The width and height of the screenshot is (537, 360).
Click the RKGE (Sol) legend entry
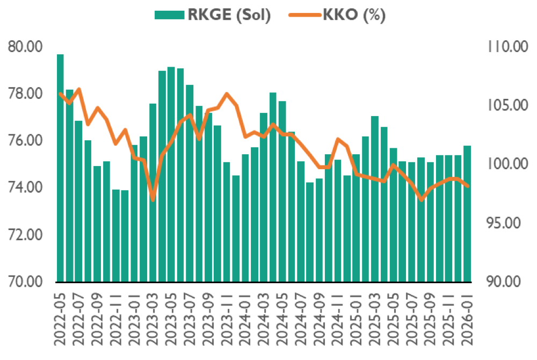(x=212, y=15)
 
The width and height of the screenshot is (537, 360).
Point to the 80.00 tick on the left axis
(x=25, y=47)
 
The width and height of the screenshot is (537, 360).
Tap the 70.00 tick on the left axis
(x=25, y=282)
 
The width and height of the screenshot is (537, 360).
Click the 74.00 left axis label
(x=25, y=188)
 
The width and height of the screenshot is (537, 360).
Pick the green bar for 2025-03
(x=375, y=199)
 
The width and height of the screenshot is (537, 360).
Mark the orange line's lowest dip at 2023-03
(x=153, y=199)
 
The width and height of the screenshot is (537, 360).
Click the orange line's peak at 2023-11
(x=227, y=93)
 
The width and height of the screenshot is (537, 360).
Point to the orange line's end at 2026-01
(x=467, y=186)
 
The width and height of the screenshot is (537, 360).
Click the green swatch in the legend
(x=169, y=15)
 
